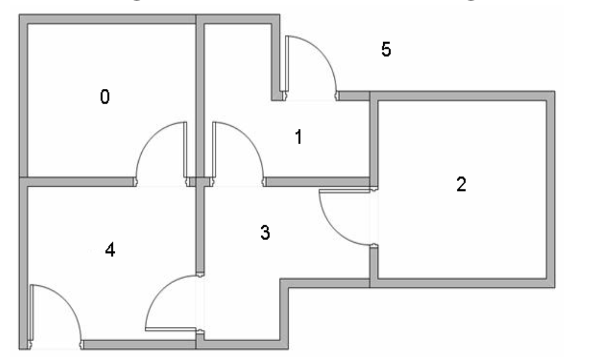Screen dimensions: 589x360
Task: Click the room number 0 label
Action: [x=105, y=97]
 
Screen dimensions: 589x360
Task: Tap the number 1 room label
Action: [x=299, y=137]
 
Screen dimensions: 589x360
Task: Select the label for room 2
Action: [x=461, y=184]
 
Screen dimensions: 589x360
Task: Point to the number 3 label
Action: [x=265, y=233]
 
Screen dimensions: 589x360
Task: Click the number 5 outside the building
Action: [x=386, y=50]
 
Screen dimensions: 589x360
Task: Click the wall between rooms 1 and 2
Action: [x=374, y=141]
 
